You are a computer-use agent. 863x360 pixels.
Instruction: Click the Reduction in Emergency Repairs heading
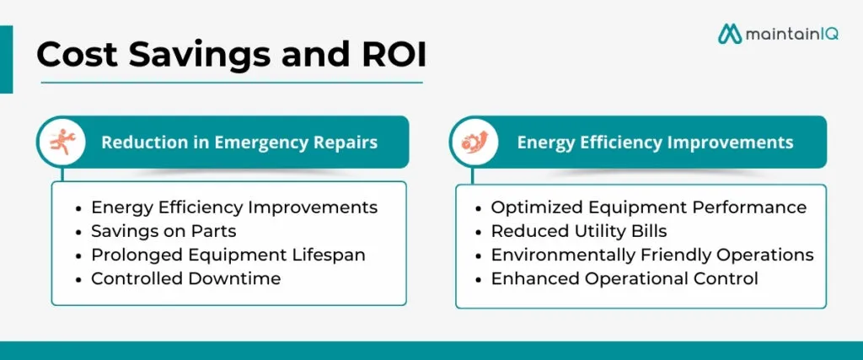pyautogui.click(x=239, y=142)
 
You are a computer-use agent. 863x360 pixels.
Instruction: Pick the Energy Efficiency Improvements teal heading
pyautogui.click(x=655, y=142)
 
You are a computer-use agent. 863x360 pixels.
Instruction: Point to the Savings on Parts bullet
pyautogui.click(x=164, y=230)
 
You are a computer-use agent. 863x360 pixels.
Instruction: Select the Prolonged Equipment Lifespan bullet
pyautogui.click(x=228, y=254)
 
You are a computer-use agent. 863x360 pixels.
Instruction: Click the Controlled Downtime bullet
pyautogui.click(x=185, y=277)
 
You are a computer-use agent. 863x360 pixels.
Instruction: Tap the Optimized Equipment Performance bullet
pyautogui.click(x=648, y=207)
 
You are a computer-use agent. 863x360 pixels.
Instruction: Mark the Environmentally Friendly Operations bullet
pyautogui.click(x=651, y=254)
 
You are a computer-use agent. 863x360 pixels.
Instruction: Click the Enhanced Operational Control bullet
pyautogui.click(x=624, y=277)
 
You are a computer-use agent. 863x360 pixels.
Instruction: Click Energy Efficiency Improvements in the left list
pyautogui.click(x=233, y=207)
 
